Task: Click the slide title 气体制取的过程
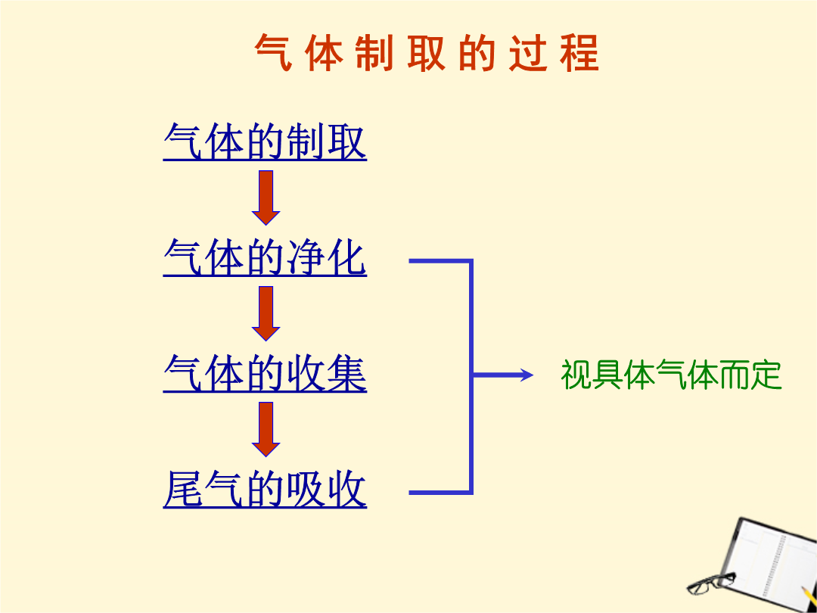[x=427, y=53]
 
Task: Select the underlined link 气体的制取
[x=265, y=142]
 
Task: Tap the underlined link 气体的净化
[x=265, y=257]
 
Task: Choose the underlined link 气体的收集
[x=265, y=373]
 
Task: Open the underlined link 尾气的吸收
[x=265, y=489]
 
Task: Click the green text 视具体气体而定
[x=671, y=375]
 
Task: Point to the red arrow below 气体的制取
[x=266, y=198]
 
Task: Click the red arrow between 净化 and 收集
[x=266, y=313]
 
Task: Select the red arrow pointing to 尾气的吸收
[x=266, y=429]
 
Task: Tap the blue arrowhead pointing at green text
[x=527, y=375]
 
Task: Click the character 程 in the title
[x=580, y=53]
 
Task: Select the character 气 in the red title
[x=273, y=53]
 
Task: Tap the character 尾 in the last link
[x=182, y=489]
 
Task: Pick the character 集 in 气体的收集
[x=347, y=373]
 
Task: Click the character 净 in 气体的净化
[x=306, y=257]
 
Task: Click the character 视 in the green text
[x=576, y=375]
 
